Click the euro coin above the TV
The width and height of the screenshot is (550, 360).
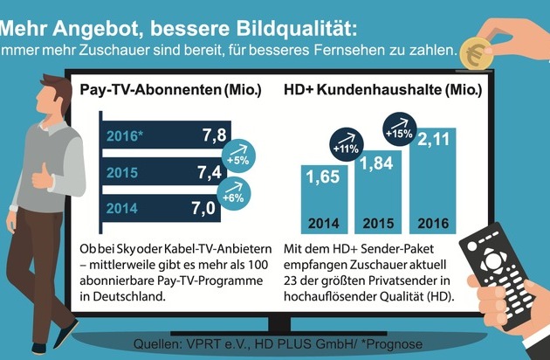(476, 53)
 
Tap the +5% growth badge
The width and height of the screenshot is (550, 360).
(238, 156)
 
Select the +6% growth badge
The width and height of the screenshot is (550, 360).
(234, 193)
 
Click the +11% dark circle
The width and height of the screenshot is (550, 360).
(347, 144)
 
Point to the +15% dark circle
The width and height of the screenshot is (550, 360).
(400, 129)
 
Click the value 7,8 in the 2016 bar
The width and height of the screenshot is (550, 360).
(214, 135)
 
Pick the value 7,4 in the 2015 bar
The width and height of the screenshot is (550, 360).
(210, 172)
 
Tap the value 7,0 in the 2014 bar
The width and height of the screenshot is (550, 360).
(203, 208)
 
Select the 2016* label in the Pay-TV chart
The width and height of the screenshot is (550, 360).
(125, 136)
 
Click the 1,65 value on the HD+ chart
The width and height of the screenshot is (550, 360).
(323, 177)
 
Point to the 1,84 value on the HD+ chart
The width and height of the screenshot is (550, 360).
(376, 163)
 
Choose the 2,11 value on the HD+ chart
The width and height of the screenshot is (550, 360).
(433, 140)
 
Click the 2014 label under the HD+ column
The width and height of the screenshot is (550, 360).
(324, 224)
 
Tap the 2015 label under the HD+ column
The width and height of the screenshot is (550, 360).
(378, 224)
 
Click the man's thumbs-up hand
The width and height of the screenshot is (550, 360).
(43, 177)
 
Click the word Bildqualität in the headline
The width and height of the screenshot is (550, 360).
(297, 29)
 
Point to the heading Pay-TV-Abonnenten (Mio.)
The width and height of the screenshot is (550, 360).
(171, 90)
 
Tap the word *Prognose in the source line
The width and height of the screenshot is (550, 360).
(392, 344)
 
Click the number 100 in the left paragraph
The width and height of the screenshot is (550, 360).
(258, 265)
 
